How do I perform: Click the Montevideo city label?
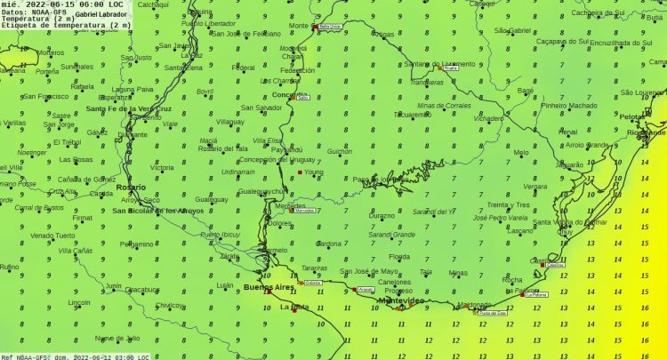(x=402, y=300)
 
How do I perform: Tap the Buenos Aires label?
(x=268, y=287)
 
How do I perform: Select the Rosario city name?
(x=129, y=188)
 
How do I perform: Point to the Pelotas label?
(x=632, y=116)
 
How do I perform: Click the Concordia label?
(x=290, y=94)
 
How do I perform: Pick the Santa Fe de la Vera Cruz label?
(x=129, y=108)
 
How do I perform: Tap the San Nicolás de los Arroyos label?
(x=157, y=211)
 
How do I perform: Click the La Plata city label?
(x=293, y=307)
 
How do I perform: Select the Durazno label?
(x=382, y=215)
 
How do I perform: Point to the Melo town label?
(x=521, y=152)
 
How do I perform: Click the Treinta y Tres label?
(x=509, y=204)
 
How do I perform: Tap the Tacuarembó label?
(x=413, y=115)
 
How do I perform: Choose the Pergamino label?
(x=137, y=244)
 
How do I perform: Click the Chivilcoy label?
(x=170, y=305)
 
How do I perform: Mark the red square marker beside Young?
(x=300, y=172)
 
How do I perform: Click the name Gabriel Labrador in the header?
(x=101, y=13)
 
